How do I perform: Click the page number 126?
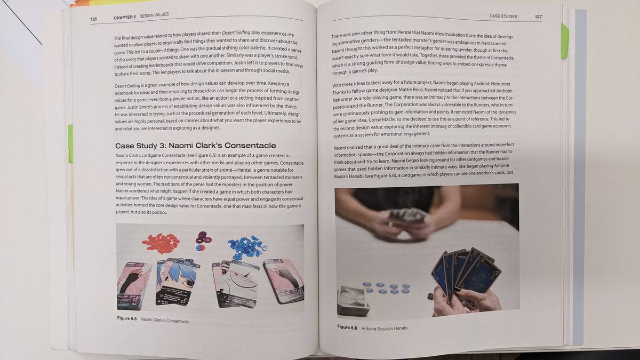point(94,19)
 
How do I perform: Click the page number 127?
point(538,17)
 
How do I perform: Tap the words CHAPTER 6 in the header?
point(125,17)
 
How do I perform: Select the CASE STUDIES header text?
point(503,17)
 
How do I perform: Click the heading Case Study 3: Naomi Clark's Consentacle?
point(195,146)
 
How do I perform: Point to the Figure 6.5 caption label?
point(127,318)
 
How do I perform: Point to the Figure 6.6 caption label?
point(347,327)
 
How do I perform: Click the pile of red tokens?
point(161,243)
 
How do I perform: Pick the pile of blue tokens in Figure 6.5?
point(247,246)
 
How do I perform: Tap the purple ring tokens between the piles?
point(203,238)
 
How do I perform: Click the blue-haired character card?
point(177,282)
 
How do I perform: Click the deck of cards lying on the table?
point(353,301)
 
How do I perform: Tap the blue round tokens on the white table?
point(386,287)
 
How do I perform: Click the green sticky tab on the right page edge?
point(565,41)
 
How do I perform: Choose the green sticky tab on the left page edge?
point(70,144)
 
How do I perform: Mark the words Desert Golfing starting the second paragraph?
point(127,86)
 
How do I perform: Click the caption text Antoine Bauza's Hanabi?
point(385,329)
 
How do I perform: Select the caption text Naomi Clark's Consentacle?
point(165,321)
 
